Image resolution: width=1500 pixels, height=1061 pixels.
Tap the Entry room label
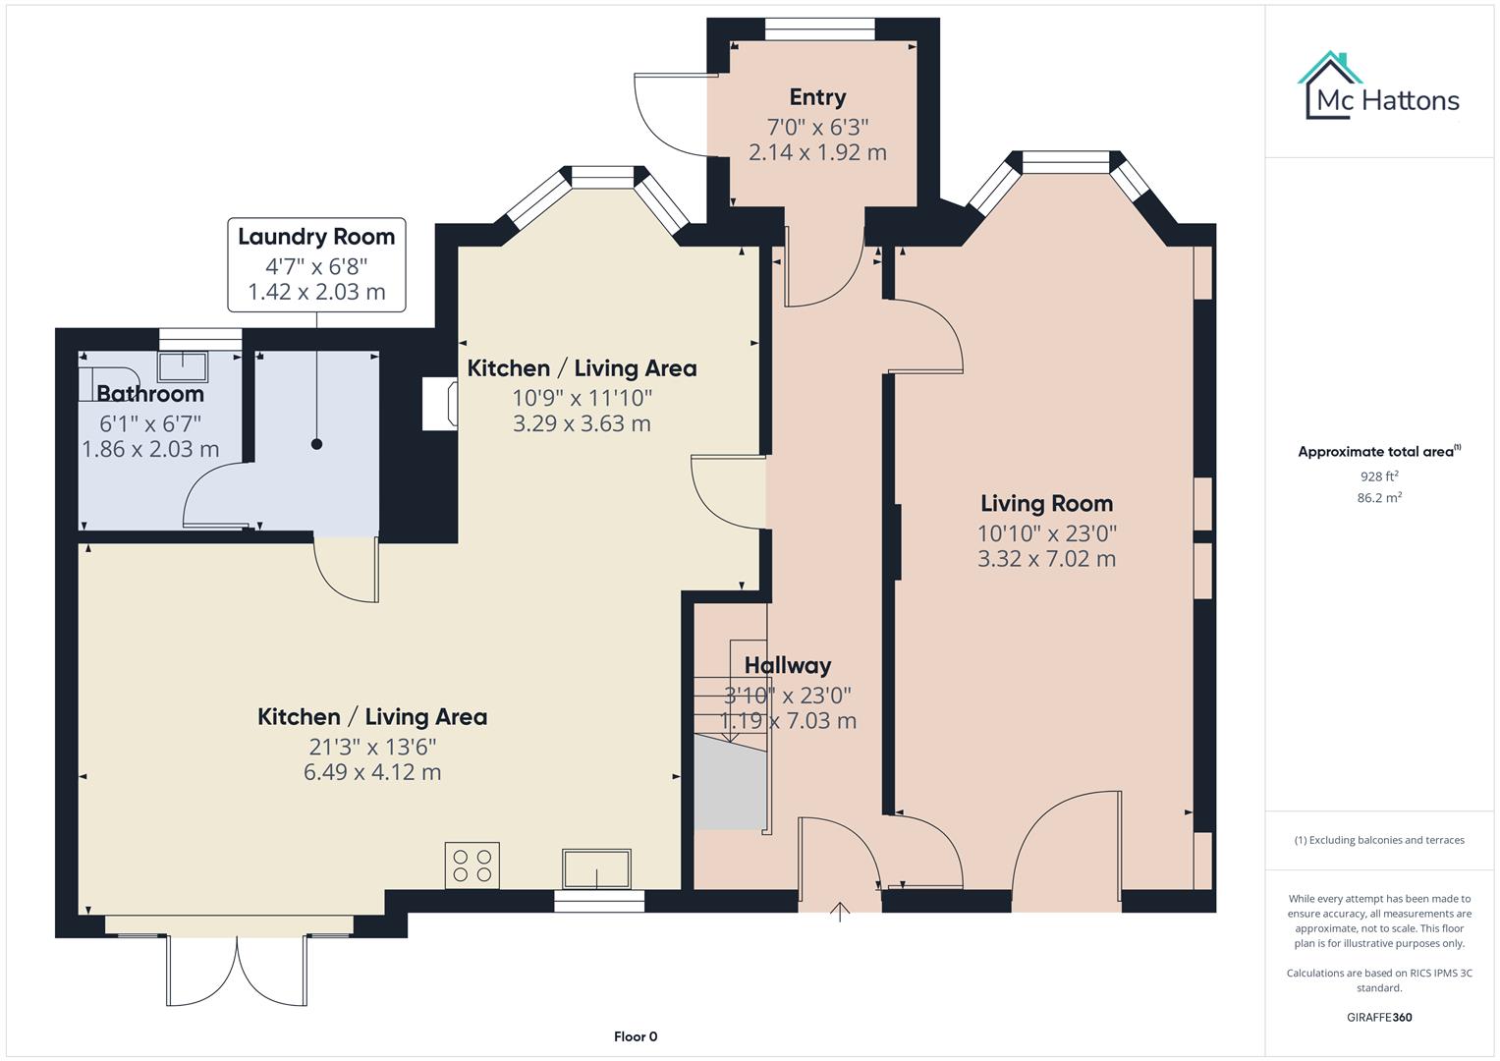tap(817, 97)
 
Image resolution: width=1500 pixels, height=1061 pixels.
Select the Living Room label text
tap(1046, 504)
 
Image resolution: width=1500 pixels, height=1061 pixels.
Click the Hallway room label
tap(787, 666)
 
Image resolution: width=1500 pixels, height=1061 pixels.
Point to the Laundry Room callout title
tap(316, 237)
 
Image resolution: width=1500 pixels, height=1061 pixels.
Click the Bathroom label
tap(150, 394)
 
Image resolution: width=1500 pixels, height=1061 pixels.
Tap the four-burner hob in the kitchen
tap(472, 866)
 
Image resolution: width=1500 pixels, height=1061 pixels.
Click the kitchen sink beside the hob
tap(595, 868)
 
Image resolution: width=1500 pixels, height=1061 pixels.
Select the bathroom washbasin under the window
tap(183, 365)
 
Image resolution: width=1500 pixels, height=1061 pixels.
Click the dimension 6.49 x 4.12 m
tap(372, 772)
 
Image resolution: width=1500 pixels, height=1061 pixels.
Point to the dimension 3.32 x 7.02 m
tap(1046, 559)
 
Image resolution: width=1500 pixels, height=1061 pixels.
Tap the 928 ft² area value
tap(1379, 476)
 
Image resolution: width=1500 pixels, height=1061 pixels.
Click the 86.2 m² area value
tap(1379, 498)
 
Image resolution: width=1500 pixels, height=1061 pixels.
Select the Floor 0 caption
tap(635, 1036)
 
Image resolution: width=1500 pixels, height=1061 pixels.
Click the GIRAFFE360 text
tap(1379, 1017)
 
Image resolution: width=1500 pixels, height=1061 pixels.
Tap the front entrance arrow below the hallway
tap(840, 912)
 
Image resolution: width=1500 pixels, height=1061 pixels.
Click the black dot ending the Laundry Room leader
tap(316, 444)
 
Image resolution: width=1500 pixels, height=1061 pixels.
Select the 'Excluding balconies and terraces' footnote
tap(1379, 840)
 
